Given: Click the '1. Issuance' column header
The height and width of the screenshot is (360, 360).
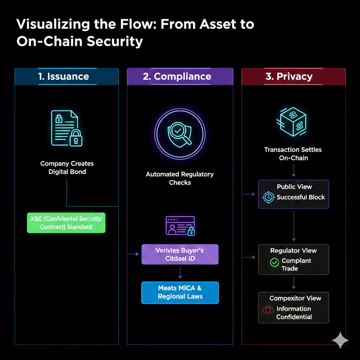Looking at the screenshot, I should point(67,77).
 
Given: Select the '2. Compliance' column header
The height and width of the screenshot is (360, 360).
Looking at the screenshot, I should point(180,77).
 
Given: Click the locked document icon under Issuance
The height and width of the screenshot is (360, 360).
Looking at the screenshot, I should point(67,128).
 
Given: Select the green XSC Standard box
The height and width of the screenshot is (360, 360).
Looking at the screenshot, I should point(66,223).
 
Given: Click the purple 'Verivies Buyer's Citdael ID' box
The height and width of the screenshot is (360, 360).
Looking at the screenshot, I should point(180,254).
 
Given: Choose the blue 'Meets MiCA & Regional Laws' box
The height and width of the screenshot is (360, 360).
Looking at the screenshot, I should point(180,292).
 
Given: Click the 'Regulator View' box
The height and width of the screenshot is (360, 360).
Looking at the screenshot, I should point(293,259).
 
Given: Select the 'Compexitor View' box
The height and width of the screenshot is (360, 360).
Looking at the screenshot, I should point(293,307).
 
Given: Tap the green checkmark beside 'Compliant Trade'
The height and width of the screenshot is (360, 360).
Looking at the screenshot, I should point(274,263).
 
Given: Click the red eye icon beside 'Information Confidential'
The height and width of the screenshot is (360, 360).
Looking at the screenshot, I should point(268,310).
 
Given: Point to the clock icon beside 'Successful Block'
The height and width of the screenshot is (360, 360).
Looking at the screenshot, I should point(268,197).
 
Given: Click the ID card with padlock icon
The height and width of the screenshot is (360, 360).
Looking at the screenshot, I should point(180,226).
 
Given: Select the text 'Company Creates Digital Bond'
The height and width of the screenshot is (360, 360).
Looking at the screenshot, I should point(67,167).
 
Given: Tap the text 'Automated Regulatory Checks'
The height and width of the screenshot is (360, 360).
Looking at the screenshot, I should point(180,178).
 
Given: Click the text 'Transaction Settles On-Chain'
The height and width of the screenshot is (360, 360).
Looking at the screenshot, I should point(293,153).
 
